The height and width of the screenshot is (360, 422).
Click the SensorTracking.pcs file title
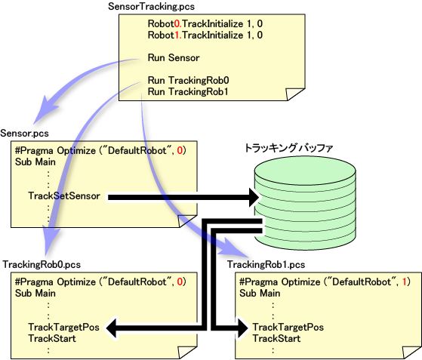click(151, 7)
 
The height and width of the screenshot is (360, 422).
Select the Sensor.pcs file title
click(24, 133)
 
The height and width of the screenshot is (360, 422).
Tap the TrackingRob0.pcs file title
click(42, 264)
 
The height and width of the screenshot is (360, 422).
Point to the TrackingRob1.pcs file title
click(266, 264)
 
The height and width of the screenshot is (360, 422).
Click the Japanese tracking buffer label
click(289, 148)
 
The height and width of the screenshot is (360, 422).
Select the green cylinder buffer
click(305, 203)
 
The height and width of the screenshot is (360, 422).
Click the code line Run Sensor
click(174, 57)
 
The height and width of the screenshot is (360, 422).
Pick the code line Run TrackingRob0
click(189, 80)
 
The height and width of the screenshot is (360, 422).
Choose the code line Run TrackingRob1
click(188, 91)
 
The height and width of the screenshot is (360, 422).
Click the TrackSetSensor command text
click(64, 196)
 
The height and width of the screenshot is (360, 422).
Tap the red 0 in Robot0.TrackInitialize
click(177, 23)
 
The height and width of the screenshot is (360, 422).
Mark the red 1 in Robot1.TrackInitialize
click(177, 35)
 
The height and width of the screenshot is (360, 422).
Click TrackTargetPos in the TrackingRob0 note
click(63, 328)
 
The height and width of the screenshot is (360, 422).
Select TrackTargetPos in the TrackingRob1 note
click(288, 328)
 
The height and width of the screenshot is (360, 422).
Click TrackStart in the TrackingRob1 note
click(276, 338)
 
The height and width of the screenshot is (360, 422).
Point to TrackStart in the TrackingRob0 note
click(52, 338)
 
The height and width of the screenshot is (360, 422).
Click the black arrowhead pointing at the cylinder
click(254, 198)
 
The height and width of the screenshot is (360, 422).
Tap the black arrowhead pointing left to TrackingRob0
click(111, 328)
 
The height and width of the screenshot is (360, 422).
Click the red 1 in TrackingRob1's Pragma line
click(404, 282)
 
